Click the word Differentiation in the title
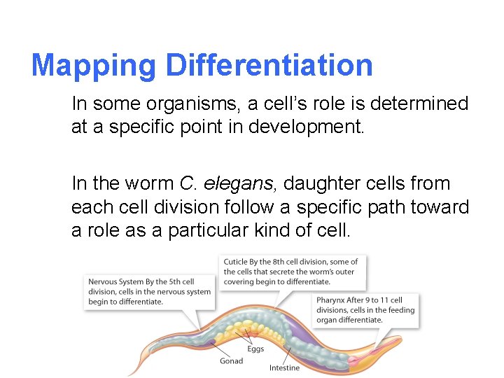click(269, 66)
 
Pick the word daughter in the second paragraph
click(328, 184)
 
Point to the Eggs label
click(255, 349)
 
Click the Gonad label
click(232, 361)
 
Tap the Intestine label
click(284, 367)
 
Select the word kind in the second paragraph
click(301, 232)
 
